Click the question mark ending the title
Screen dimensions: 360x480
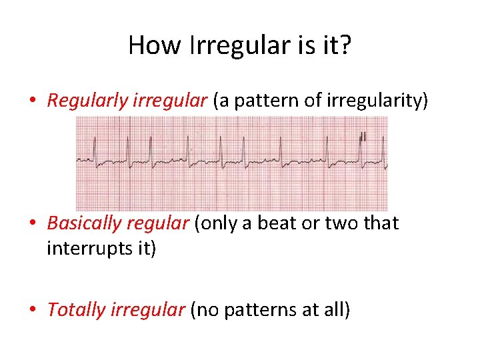click(x=344, y=45)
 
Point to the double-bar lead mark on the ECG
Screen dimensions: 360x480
click(x=363, y=137)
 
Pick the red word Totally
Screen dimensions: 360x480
click(x=72, y=310)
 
